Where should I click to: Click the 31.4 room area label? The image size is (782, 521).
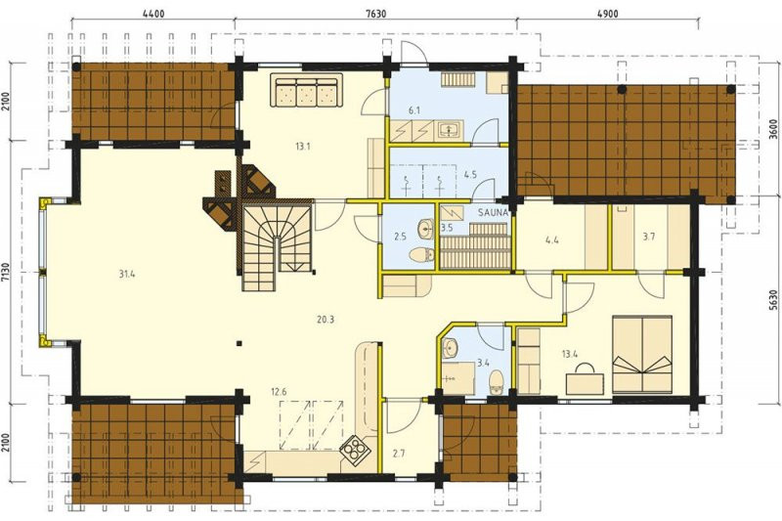click(x=127, y=274)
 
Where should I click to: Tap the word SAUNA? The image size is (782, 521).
click(x=493, y=212)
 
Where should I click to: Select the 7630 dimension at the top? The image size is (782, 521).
click(x=375, y=14)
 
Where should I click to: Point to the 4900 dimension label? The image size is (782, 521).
click(x=607, y=14)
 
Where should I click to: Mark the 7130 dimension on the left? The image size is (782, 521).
click(x=6, y=273)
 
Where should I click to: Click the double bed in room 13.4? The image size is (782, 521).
click(x=642, y=354)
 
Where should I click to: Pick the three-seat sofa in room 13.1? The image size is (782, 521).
click(x=306, y=90)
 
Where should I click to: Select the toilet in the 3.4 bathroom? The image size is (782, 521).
click(x=498, y=382)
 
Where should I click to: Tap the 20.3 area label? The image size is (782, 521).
click(x=326, y=320)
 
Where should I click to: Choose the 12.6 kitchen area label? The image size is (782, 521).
click(x=280, y=391)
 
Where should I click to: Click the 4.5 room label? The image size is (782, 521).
click(x=470, y=175)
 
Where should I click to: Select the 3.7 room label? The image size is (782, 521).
click(x=648, y=237)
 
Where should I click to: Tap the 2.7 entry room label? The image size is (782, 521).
click(x=399, y=454)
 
